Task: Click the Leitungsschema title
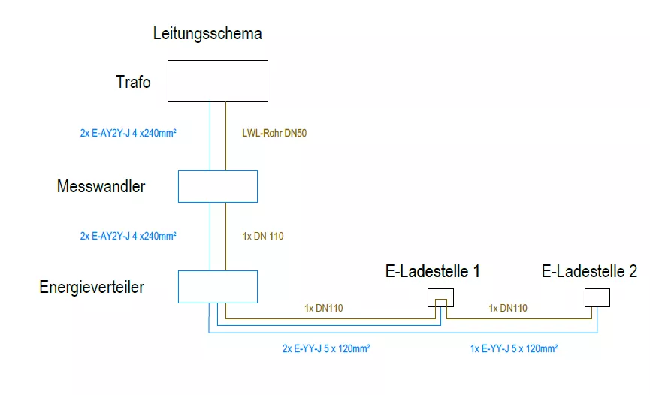[207, 34]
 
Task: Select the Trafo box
[217, 81]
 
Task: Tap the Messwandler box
[217, 186]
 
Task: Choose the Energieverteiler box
[217, 286]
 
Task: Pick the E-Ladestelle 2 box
[597, 297]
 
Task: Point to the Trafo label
[133, 82]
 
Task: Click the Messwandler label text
[101, 187]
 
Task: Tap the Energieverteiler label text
[92, 287]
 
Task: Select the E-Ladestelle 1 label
[433, 272]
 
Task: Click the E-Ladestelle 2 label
[589, 272]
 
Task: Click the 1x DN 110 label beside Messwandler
[264, 236]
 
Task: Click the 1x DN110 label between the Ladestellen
[508, 308]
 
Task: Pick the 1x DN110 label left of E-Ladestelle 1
[324, 308]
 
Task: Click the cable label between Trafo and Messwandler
[128, 134]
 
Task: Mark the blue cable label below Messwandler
[128, 236]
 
